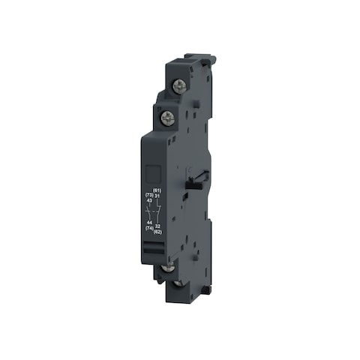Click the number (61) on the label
tap(157, 191)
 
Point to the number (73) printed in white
tap(148, 196)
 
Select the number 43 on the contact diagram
tap(149, 200)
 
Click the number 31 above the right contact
tap(157, 196)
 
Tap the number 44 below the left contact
tap(149, 223)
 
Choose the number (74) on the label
tap(149, 228)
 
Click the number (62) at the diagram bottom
tap(158, 232)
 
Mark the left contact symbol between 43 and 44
tap(150, 211)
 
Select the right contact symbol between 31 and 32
tap(158, 211)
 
